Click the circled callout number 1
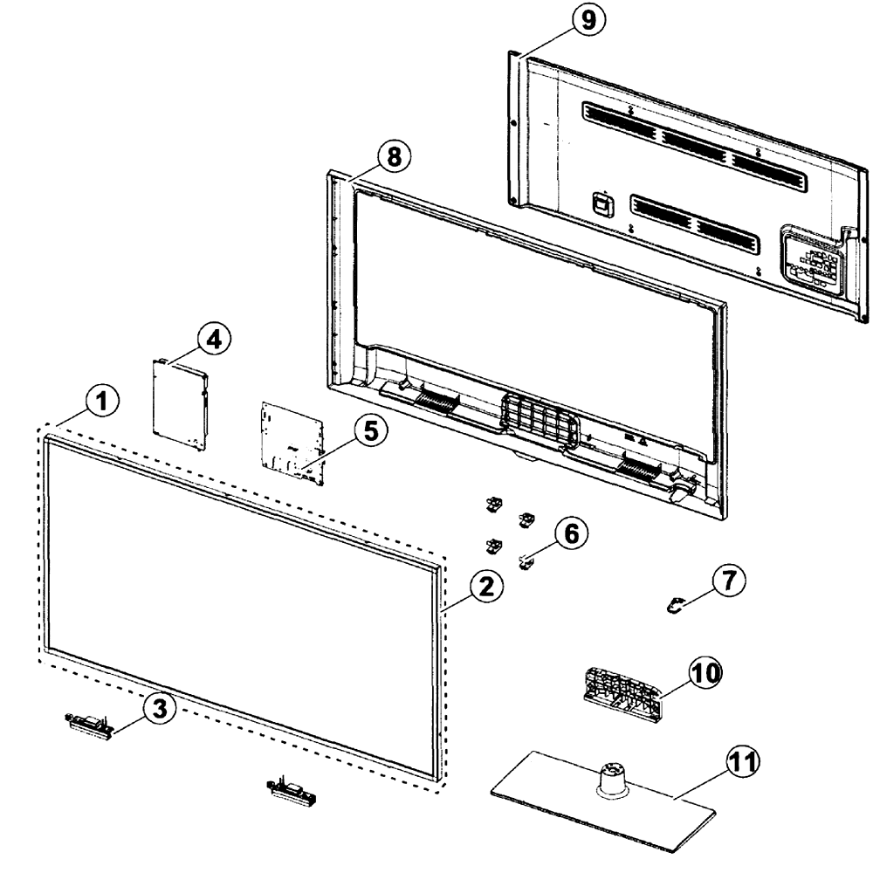click(x=102, y=402)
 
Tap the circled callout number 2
click(x=486, y=587)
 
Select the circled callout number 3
click(x=159, y=709)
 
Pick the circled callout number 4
click(x=215, y=339)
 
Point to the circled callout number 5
click(x=371, y=431)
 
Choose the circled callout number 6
click(x=571, y=533)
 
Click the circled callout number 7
click(x=729, y=581)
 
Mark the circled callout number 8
click(x=394, y=156)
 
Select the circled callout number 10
click(x=705, y=673)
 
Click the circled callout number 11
click(x=743, y=761)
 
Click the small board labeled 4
click(x=180, y=403)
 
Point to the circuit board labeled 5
click(x=292, y=443)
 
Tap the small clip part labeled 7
click(x=675, y=605)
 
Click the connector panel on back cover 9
click(x=815, y=258)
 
